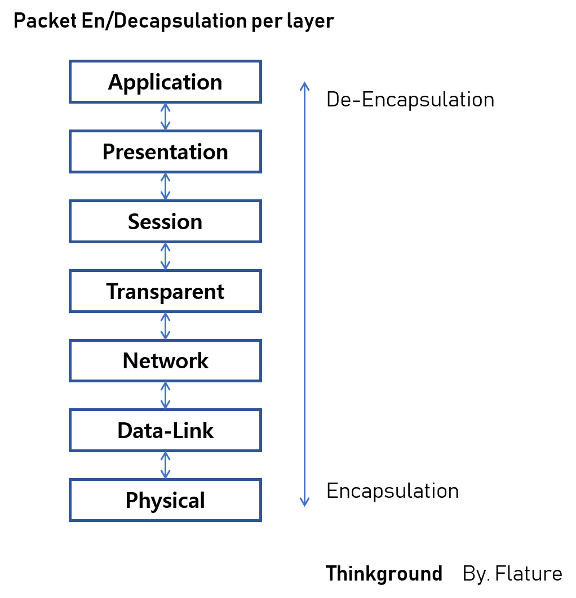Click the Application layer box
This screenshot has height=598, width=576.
pos(165,82)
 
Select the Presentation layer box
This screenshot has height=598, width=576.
pos(165,152)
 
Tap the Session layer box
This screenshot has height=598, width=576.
pos(165,222)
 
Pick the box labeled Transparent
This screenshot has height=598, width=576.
pos(165,291)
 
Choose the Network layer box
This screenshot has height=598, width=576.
pos(165,361)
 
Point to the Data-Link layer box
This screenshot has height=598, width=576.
pos(165,431)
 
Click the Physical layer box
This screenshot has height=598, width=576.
pos(165,500)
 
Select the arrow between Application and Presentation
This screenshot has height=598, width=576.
pos(165,117)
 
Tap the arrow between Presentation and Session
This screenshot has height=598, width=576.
pos(165,186)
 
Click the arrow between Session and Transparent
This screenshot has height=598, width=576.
pos(165,256)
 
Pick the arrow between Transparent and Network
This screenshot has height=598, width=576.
pos(165,326)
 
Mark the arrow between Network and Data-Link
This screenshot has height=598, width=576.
pos(165,395)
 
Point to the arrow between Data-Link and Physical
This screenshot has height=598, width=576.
pos(165,465)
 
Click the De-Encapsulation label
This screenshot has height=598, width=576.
pos(410,100)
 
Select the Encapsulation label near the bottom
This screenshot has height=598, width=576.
pos(392,491)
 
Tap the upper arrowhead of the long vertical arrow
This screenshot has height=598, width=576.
pos(304,86)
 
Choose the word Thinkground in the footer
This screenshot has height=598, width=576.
pos(384,574)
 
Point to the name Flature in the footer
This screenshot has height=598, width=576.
pos(530,574)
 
